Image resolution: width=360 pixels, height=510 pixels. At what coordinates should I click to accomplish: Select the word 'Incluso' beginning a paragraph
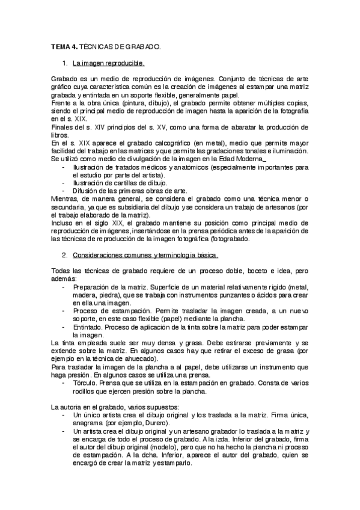pos(63,223)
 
